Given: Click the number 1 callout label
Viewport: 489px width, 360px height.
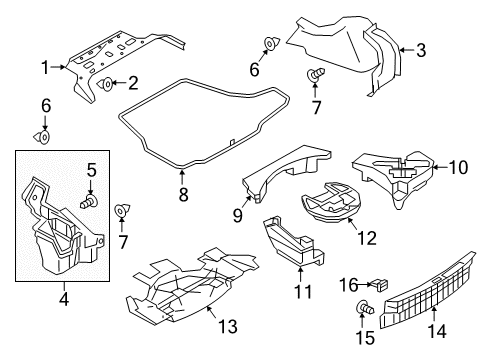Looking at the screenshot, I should click(45, 68).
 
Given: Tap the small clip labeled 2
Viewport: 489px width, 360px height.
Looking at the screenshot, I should click(105, 84).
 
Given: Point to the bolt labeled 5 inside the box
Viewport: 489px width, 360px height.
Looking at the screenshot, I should click(90, 202).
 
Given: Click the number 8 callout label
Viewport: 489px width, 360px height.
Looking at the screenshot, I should click(182, 196).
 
